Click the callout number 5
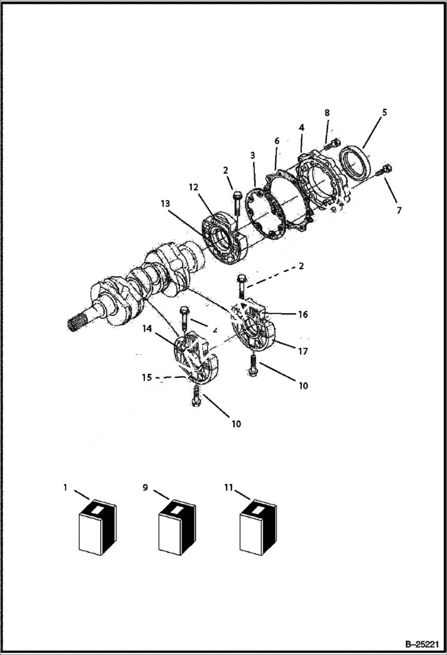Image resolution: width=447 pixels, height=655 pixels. coord(385,112)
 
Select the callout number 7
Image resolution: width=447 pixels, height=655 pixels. coord(399,210)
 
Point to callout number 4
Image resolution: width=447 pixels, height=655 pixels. coord(301,128)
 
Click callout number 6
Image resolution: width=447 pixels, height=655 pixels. coord(277,140)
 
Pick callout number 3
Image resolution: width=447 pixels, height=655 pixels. coord(252,155)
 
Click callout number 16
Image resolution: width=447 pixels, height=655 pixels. coord(303,314)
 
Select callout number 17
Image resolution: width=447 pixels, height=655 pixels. coord(303,352)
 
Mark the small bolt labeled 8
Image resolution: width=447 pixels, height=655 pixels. coord(334,143)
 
